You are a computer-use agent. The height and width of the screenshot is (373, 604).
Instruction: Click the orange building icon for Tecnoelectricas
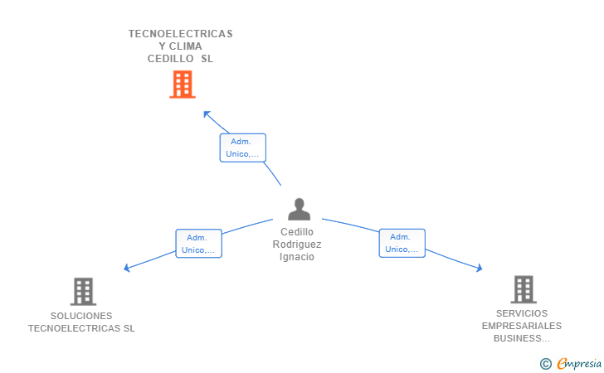tap(182, 84)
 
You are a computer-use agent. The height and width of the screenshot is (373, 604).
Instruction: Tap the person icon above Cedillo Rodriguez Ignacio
tap(299, 209)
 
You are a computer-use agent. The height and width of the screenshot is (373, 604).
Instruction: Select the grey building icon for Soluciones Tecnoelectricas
tap(83, 291)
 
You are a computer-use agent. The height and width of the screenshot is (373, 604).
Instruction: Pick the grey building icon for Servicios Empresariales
tap(523, 289)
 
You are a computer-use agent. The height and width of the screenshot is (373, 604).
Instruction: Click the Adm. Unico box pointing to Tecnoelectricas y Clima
tap(243, 148)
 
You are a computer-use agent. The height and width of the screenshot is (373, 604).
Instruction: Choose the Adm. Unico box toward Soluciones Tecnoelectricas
tap(198, 244)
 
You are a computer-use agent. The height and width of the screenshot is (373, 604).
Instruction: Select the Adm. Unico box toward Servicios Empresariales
tap(402, 243)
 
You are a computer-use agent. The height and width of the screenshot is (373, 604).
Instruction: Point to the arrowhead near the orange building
tap(207, 113)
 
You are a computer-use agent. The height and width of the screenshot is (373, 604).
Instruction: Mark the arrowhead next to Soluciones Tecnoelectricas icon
tap(127, 268)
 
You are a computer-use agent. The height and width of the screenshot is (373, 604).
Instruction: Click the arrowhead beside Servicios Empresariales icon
tap(479, 268)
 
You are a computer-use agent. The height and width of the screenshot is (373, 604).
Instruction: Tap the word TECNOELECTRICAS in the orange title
tap(180, 34)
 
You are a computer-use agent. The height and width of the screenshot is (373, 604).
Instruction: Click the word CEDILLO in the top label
tap(172, 59)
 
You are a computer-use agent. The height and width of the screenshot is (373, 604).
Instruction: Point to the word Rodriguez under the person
tap(297, 245)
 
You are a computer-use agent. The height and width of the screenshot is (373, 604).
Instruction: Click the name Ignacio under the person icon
tap(297, 257)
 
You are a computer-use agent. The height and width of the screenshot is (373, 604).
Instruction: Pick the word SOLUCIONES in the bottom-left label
tap(81, 316)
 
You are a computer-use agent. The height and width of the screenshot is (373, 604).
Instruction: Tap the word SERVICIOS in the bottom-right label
tap(522, 313)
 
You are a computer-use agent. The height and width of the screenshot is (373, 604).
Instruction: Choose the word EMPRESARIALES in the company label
tap(522, 326)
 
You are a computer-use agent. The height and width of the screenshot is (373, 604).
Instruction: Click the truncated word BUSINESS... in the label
tap(522, 338)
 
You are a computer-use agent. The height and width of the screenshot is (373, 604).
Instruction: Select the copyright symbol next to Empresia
tap(545, 363)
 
